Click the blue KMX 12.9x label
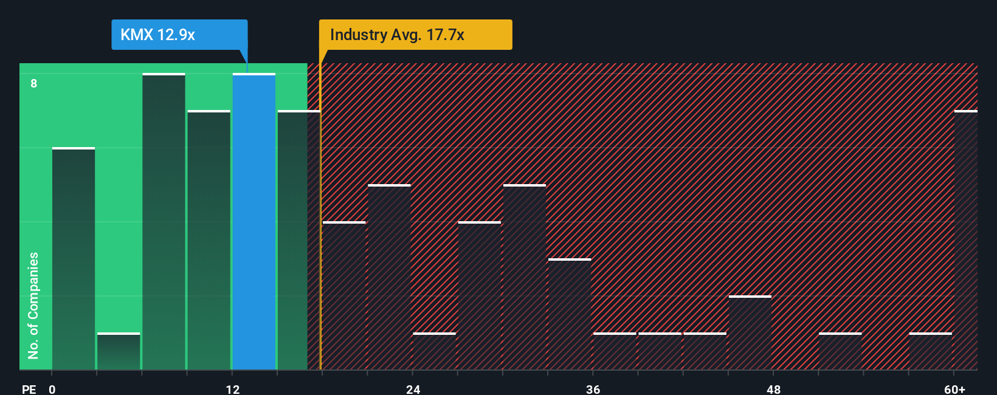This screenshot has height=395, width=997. click(x=179, y=35)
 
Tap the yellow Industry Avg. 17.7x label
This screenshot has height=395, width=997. click(x=415, y=35)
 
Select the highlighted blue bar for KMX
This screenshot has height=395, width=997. click(x=254, y=222)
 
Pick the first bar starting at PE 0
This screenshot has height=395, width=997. click(x=74, y=258)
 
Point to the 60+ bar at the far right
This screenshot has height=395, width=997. click(x=965, y=240)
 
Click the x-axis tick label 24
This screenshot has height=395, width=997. click(x=413, y=389)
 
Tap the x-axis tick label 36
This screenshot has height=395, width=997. click(x=593, y=389)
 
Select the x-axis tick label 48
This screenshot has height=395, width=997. click(x=773, y=389)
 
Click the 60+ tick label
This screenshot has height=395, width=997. click(x=954, y=389)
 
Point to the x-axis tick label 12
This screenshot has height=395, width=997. click(x=233, y=389)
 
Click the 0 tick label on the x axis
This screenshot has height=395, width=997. click(x=52, y=389)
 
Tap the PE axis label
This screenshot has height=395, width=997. click(x=29, y=389)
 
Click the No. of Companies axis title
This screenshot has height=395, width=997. click(x=33, y=305)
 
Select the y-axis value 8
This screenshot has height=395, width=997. click(x=34, y=83)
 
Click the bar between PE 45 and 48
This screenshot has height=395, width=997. click(x=750, y=333)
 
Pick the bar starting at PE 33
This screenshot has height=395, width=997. click(x=570, y=314)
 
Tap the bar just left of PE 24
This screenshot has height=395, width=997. click(x=389, y=277)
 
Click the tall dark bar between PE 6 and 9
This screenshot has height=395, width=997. click(x=164, y=222)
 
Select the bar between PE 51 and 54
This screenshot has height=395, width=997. click(x=840, y=351)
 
